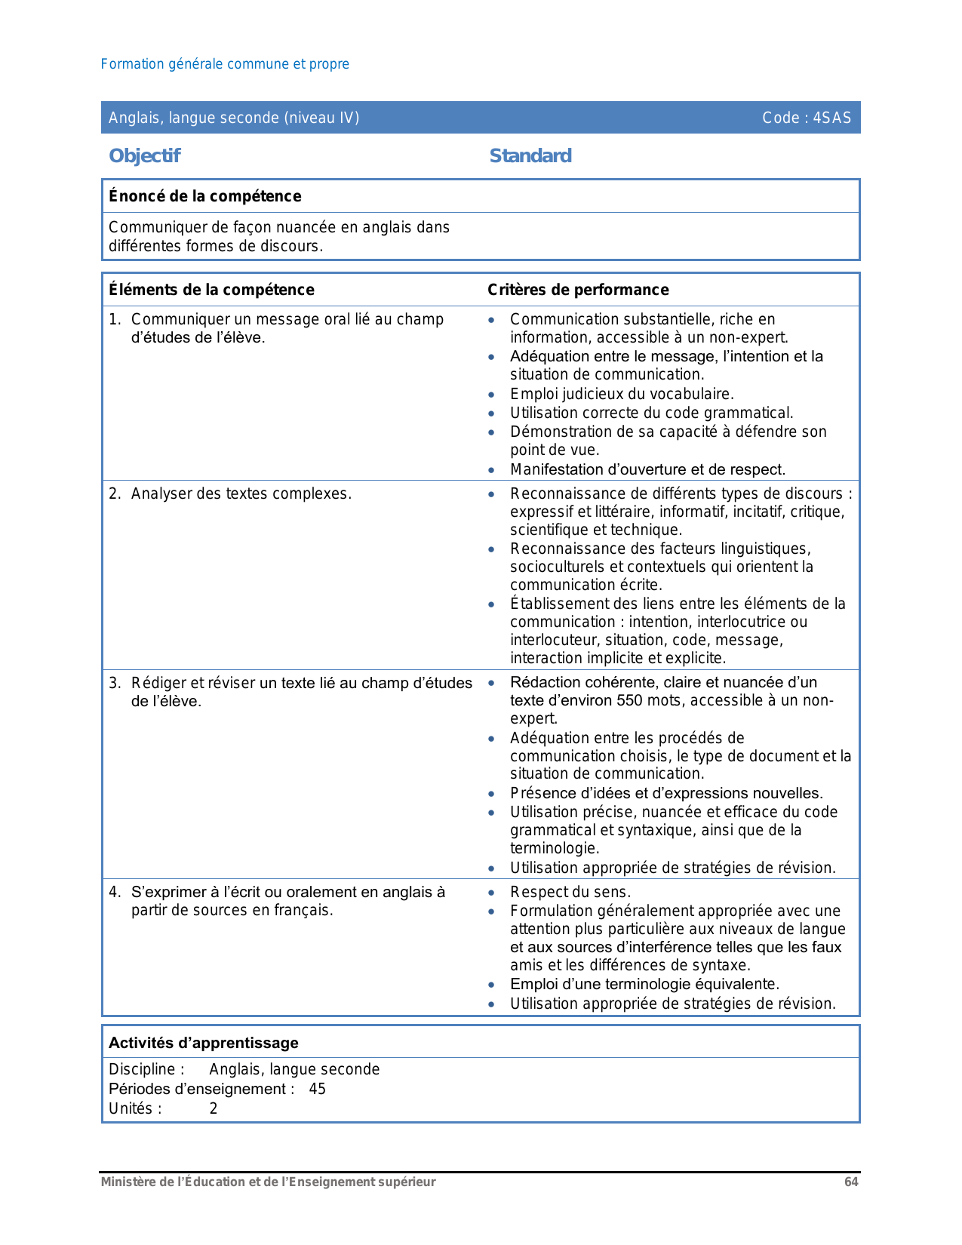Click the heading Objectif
tap(145, 156)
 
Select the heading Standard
tap(530, 156)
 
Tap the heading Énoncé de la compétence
tap(204, 196)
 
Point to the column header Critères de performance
tap(578, 290)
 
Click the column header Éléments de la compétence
tap(211, 290)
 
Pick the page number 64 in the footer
tap(851, 1182)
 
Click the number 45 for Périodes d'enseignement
tap(318, 1089)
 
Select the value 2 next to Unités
tap(214, 1108)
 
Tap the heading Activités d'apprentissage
tap(204, 1043)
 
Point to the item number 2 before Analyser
tap(114, 494)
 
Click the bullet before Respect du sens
tap(492, 893)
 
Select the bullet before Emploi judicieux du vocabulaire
tap(492, 395)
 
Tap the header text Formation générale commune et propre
tap(225, 64)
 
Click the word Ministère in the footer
tap(126, 1182)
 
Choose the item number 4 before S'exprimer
tap(114, 893)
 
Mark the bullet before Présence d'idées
tap(492, 794)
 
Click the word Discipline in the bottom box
tap(142, 1069)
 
